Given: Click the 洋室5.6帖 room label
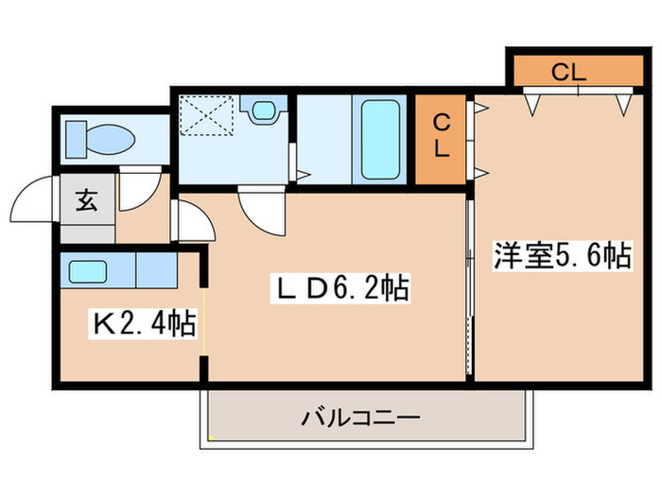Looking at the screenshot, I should [562, 256].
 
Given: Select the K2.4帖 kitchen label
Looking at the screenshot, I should [143, 325].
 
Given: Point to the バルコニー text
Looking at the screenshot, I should [360, 416].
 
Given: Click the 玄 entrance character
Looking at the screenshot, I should [85, 200].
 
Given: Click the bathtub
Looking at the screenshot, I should [381, 139].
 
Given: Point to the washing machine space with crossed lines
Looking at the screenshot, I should [207, 118].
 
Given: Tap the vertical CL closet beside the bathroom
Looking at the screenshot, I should [441, 138].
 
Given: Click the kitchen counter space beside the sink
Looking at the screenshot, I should [156, 271].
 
